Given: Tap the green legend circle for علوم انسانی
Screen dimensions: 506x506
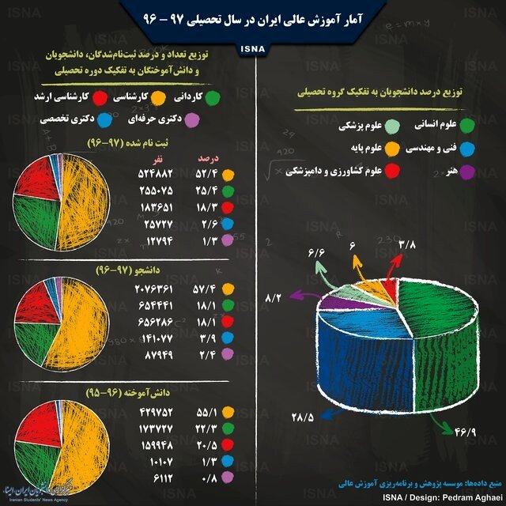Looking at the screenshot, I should tap(467, 124).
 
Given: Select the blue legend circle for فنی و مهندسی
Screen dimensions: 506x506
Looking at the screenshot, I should tap(467, 147).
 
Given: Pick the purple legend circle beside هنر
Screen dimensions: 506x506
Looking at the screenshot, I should tap(467, 170).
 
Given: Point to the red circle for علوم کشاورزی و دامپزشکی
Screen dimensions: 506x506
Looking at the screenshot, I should tap(391, 170).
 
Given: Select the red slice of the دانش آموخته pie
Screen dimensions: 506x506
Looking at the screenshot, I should tap(32, 423).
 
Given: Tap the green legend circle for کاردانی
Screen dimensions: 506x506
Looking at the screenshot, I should tap(240, 97).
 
